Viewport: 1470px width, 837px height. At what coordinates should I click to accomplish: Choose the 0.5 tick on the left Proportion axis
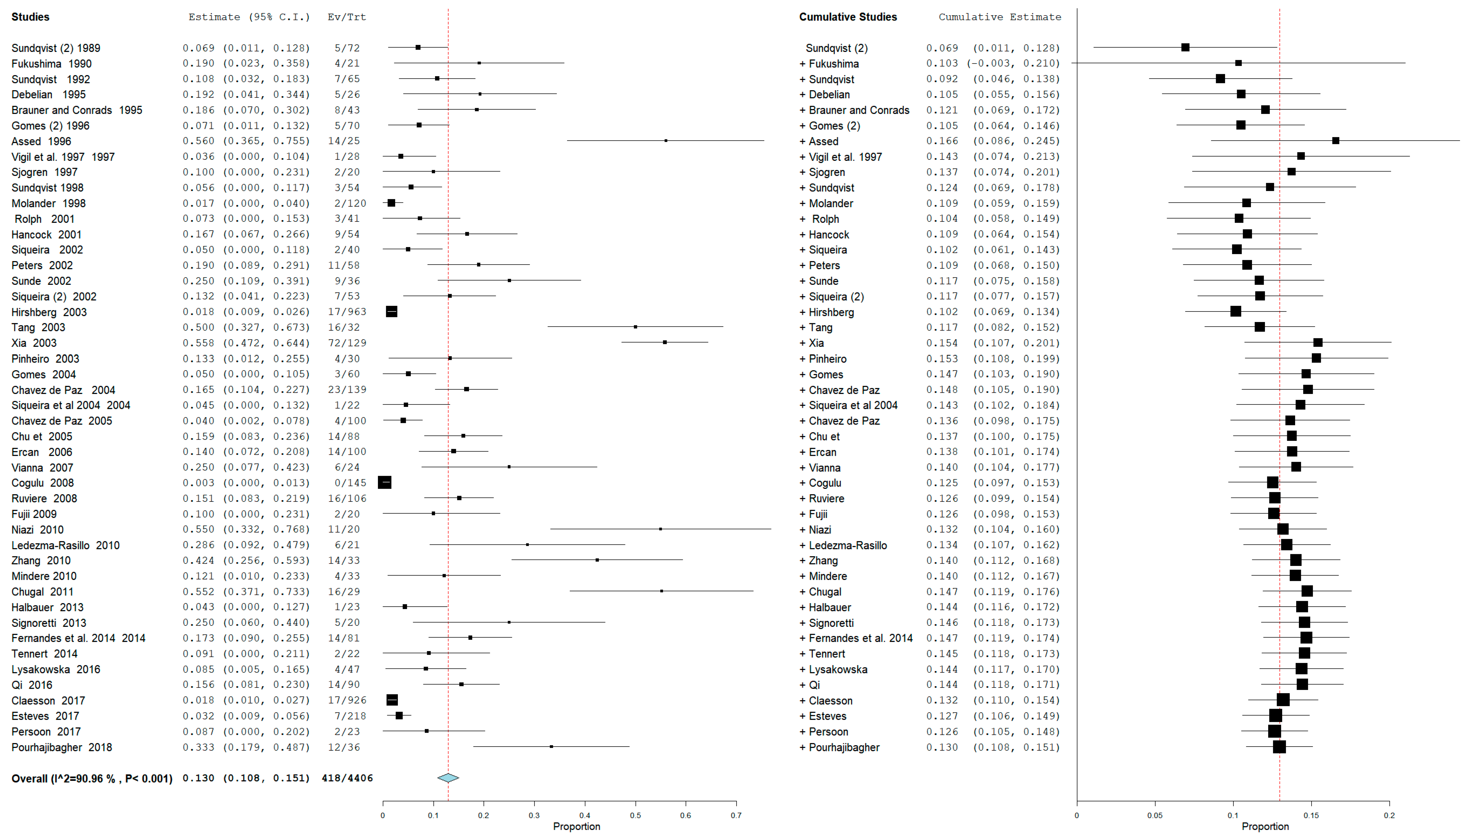[635, 815]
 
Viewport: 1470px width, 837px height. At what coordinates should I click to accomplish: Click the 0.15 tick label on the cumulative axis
[1311, 815]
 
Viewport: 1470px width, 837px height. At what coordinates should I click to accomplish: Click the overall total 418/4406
[347, 778]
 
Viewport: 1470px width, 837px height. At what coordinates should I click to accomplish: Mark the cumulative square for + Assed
[1336, 141]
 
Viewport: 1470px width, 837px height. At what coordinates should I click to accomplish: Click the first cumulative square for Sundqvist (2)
[1185, 47]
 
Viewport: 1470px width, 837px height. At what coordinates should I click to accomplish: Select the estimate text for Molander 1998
[246, 203]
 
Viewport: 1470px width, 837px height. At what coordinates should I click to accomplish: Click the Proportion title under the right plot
[1265, 826]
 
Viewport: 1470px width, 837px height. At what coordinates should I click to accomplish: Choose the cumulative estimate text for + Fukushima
[993, 63]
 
